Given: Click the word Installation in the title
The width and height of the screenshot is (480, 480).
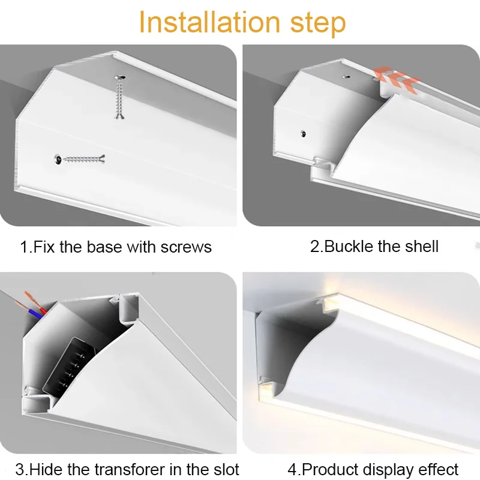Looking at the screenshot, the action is pos(209,22).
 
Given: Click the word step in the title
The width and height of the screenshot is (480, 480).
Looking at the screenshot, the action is pos(318,24).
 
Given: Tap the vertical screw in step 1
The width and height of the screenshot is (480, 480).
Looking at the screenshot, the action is pos(119,97).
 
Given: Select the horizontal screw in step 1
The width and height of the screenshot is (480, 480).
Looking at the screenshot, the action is pos(80,159).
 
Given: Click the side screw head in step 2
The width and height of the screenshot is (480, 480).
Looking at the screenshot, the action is pos(303,134).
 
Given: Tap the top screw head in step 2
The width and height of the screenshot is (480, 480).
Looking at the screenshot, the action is pos(346,77).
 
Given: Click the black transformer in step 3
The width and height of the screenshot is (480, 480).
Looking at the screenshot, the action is pos(69,366).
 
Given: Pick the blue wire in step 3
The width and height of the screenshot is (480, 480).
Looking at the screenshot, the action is pos(35,314).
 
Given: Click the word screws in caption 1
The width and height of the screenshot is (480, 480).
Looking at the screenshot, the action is pos(186,247).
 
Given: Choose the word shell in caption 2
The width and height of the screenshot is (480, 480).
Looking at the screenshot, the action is pos(422,246).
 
